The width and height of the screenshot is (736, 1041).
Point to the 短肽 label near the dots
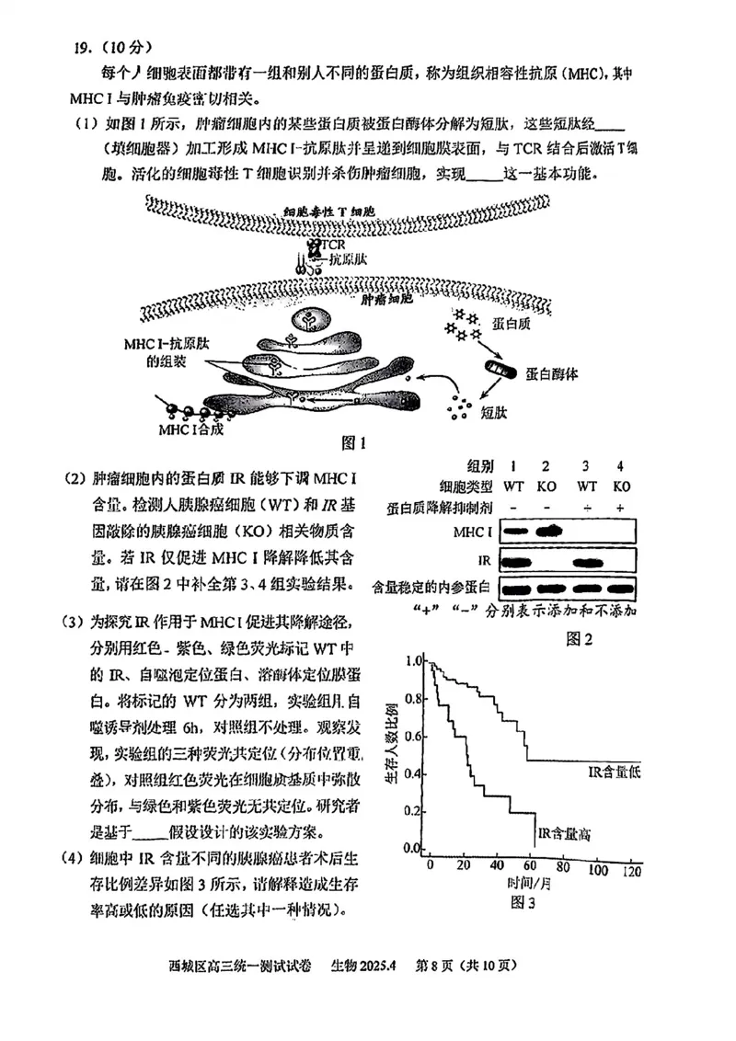point(497,416)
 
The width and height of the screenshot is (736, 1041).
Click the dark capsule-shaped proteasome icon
point(496,374)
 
